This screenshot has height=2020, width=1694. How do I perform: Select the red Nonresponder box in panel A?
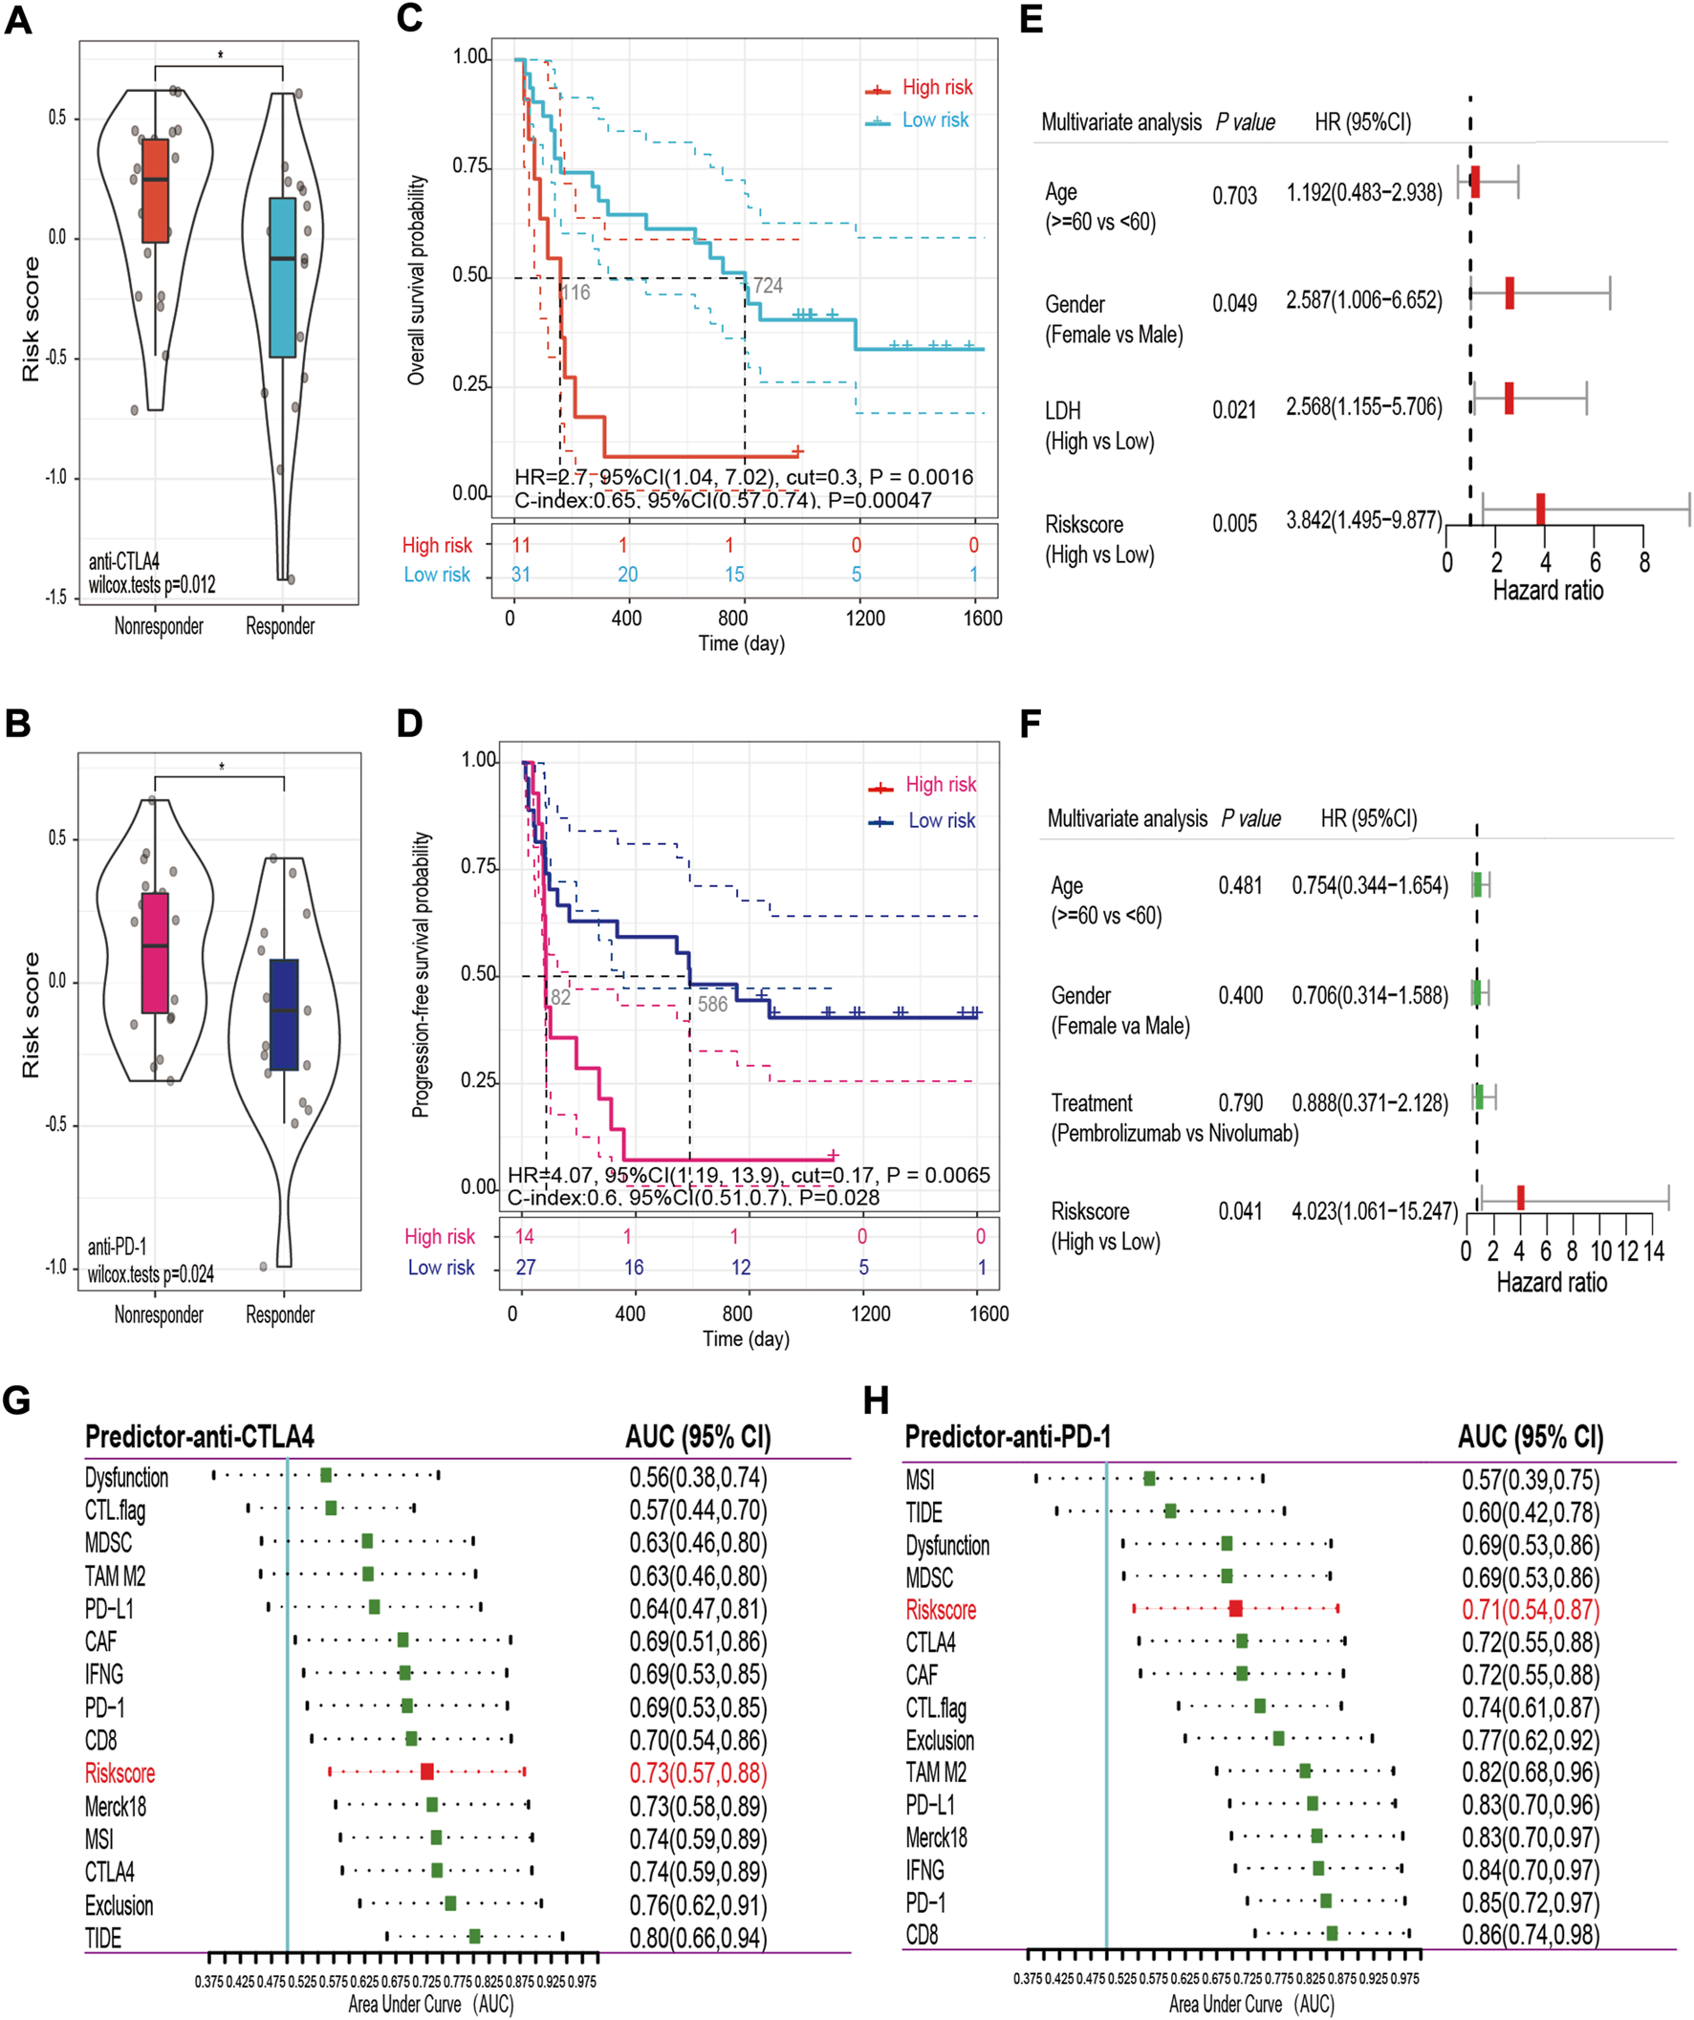coord(155,190)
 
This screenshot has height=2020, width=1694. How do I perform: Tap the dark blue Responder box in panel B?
coord(284,1014)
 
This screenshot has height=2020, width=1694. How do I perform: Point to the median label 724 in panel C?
coord(768,286)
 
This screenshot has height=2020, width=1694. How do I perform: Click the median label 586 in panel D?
coord(713,1004)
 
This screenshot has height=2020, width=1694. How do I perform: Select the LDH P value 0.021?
coord(1234,411)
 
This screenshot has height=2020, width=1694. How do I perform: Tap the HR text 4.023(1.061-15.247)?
coord(1375,1210)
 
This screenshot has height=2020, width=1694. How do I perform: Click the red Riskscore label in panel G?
coord(120,1772)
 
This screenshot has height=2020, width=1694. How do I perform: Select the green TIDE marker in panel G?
coord(474,1935)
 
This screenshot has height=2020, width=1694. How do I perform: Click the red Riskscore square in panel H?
coord(1236,1607)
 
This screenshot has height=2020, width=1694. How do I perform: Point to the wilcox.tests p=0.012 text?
coord(152,585)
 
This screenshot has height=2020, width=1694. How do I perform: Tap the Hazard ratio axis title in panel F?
coord(1551,1281)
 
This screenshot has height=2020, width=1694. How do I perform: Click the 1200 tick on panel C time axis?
coord(865,618)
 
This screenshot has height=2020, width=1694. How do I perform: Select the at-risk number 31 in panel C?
coord(520,575)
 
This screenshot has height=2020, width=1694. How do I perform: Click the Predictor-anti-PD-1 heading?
coord(1008,1437)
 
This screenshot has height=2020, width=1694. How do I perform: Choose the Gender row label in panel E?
coord(1075,305)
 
